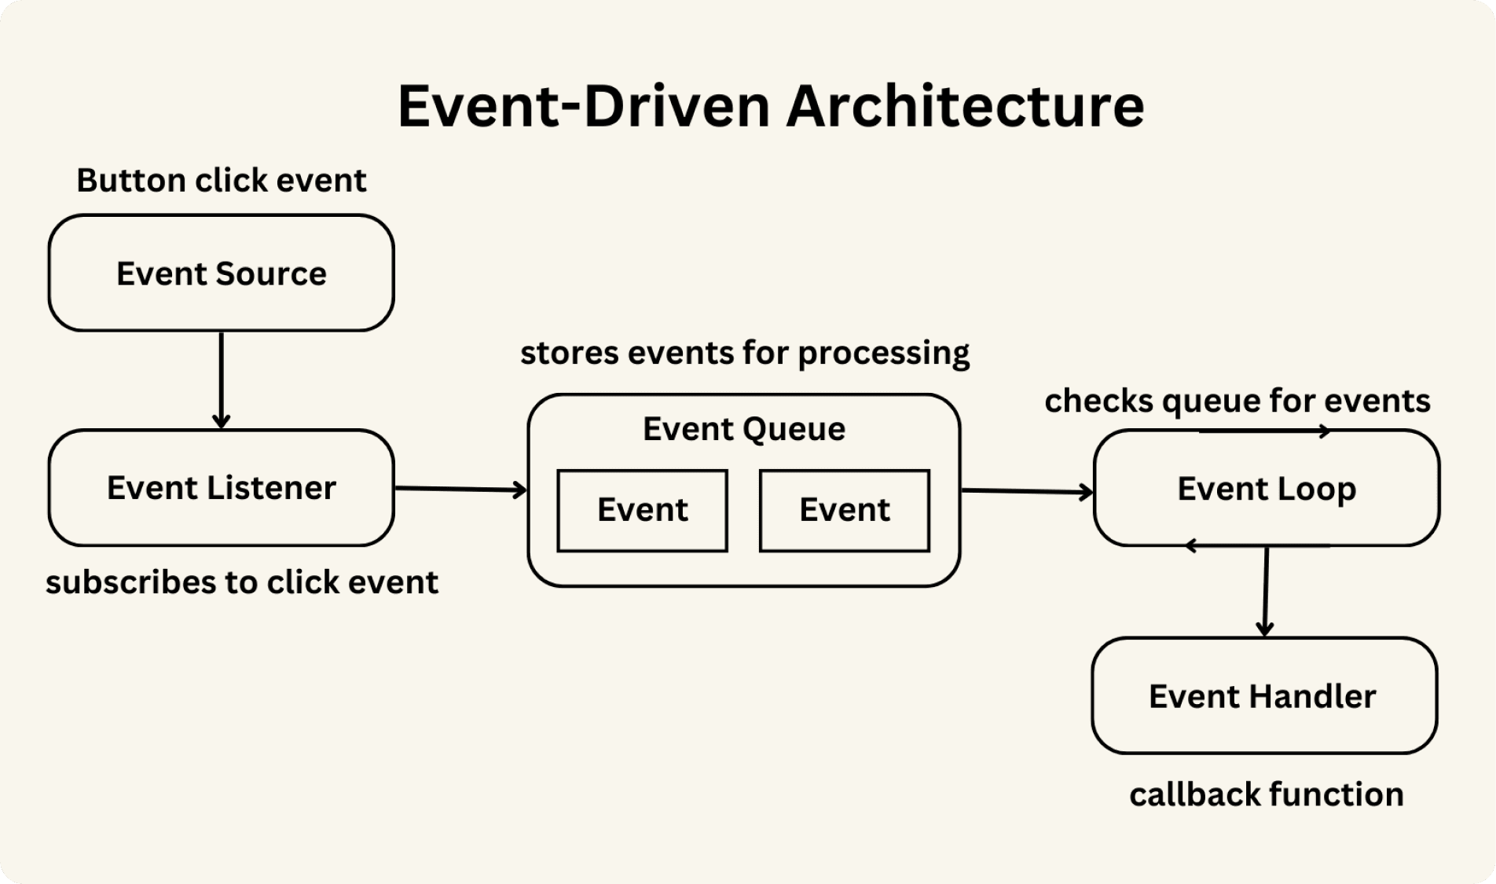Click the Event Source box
[x=221, y=273]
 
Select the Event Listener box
[x=221, y=487]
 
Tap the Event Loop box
[x=1266, y=489]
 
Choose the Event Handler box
[x=1263, y=696]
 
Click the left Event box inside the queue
[x=642, y=511]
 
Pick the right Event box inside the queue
[x=845, y=511]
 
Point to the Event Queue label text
[x=743, y=429]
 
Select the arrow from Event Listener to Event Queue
[x=460, y=490]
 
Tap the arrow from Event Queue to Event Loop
[x=1026, y=492]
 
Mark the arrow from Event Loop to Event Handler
[x=1266, y=591]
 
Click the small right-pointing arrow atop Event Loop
[x=1265, y=431]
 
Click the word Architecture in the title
[x=965, y=105]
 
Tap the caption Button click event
[x=221, y=181]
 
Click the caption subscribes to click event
[x=241, y=582]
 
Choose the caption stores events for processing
[x=744, y=353]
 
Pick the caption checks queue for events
[x=1237, y=401]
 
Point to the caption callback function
[x=1266, y=794]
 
